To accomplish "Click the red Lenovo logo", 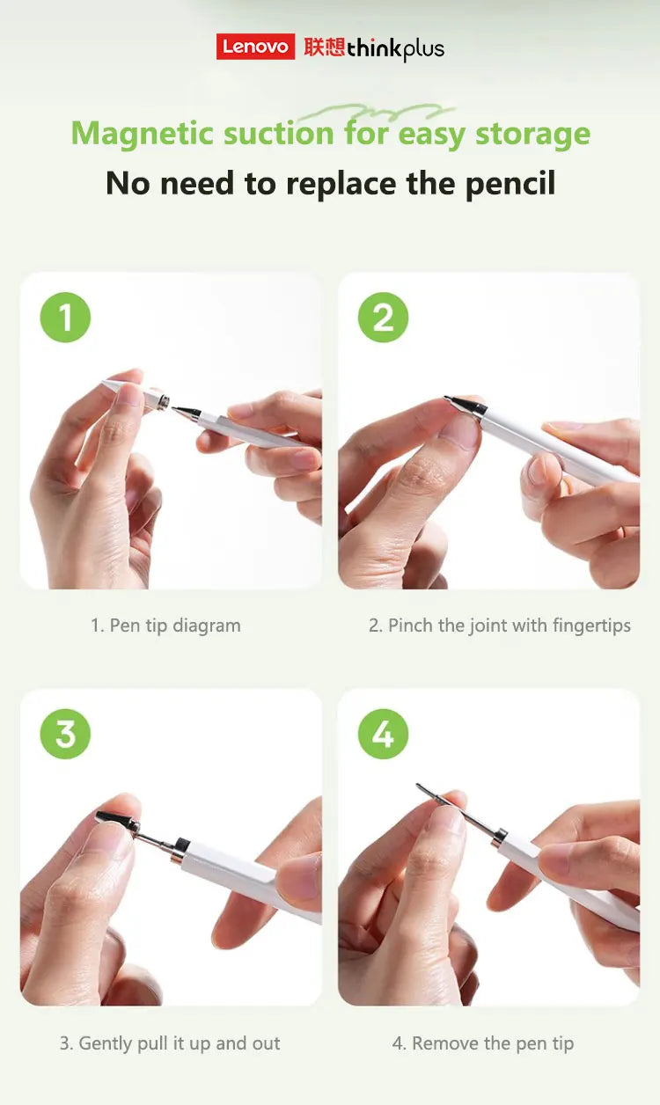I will tap(255, 47).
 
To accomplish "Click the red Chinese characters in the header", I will tap(324, 47).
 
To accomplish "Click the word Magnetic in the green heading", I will tap(142, 134).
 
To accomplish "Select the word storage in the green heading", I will tap(532, 134).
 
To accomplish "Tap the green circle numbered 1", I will tap(65, 317).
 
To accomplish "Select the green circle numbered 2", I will tap(383, 317).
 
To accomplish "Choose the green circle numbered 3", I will tap(65, 734).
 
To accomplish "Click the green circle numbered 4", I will tap(383, 734).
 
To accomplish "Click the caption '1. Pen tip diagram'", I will tap(165, 626).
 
